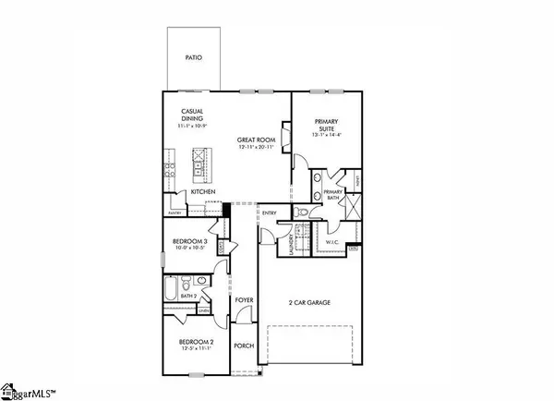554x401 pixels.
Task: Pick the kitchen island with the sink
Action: [196, 168]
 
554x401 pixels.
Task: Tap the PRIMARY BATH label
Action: [334, 196]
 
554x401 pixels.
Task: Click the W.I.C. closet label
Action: [333, 243]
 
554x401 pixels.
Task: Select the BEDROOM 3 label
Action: [188, 242]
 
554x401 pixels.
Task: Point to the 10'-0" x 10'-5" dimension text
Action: [188, 250]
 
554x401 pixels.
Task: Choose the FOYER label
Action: [243, 300]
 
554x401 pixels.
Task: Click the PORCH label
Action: [243, 346]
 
